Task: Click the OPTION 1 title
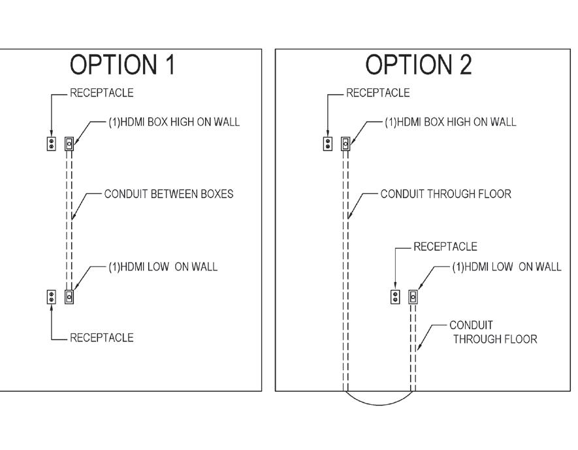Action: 123,65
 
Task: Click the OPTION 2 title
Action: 419,65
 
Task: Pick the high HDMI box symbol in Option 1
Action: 69,143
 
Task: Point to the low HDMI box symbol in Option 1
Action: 69,297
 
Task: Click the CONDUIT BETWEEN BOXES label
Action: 169,194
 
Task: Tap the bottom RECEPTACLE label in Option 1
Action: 101,338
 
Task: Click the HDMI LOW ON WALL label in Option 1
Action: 163,266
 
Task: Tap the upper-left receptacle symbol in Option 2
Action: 328,143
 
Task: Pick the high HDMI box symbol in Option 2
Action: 345,143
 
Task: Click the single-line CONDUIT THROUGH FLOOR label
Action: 445,194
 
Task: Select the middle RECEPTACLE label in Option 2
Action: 445,247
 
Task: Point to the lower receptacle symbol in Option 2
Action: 394,297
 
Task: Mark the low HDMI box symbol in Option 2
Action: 413,297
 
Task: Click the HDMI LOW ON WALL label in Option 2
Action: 506,266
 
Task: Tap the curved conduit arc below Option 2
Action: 379,404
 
